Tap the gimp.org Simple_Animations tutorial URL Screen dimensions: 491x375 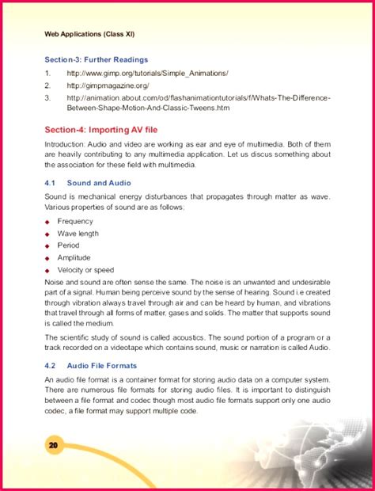coord(148,73)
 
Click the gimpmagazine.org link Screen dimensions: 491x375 coord(108,85)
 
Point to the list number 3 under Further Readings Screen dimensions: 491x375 coord(47,97)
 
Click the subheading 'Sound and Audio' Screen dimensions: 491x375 coord(99,183)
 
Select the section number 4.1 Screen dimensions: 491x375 coord(49,183)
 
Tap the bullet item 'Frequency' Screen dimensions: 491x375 coord(75,222)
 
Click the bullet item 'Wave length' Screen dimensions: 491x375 coord(78,234)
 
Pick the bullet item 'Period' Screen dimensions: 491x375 coord(68,246)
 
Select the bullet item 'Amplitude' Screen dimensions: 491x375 coord(74,257)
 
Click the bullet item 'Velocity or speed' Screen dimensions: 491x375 coord(85,270)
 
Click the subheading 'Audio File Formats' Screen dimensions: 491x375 coord(102,366)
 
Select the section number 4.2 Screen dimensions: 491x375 coord(49,366)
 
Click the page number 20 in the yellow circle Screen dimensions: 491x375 coord(54,446)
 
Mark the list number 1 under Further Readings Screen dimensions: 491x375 coord(47,73)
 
